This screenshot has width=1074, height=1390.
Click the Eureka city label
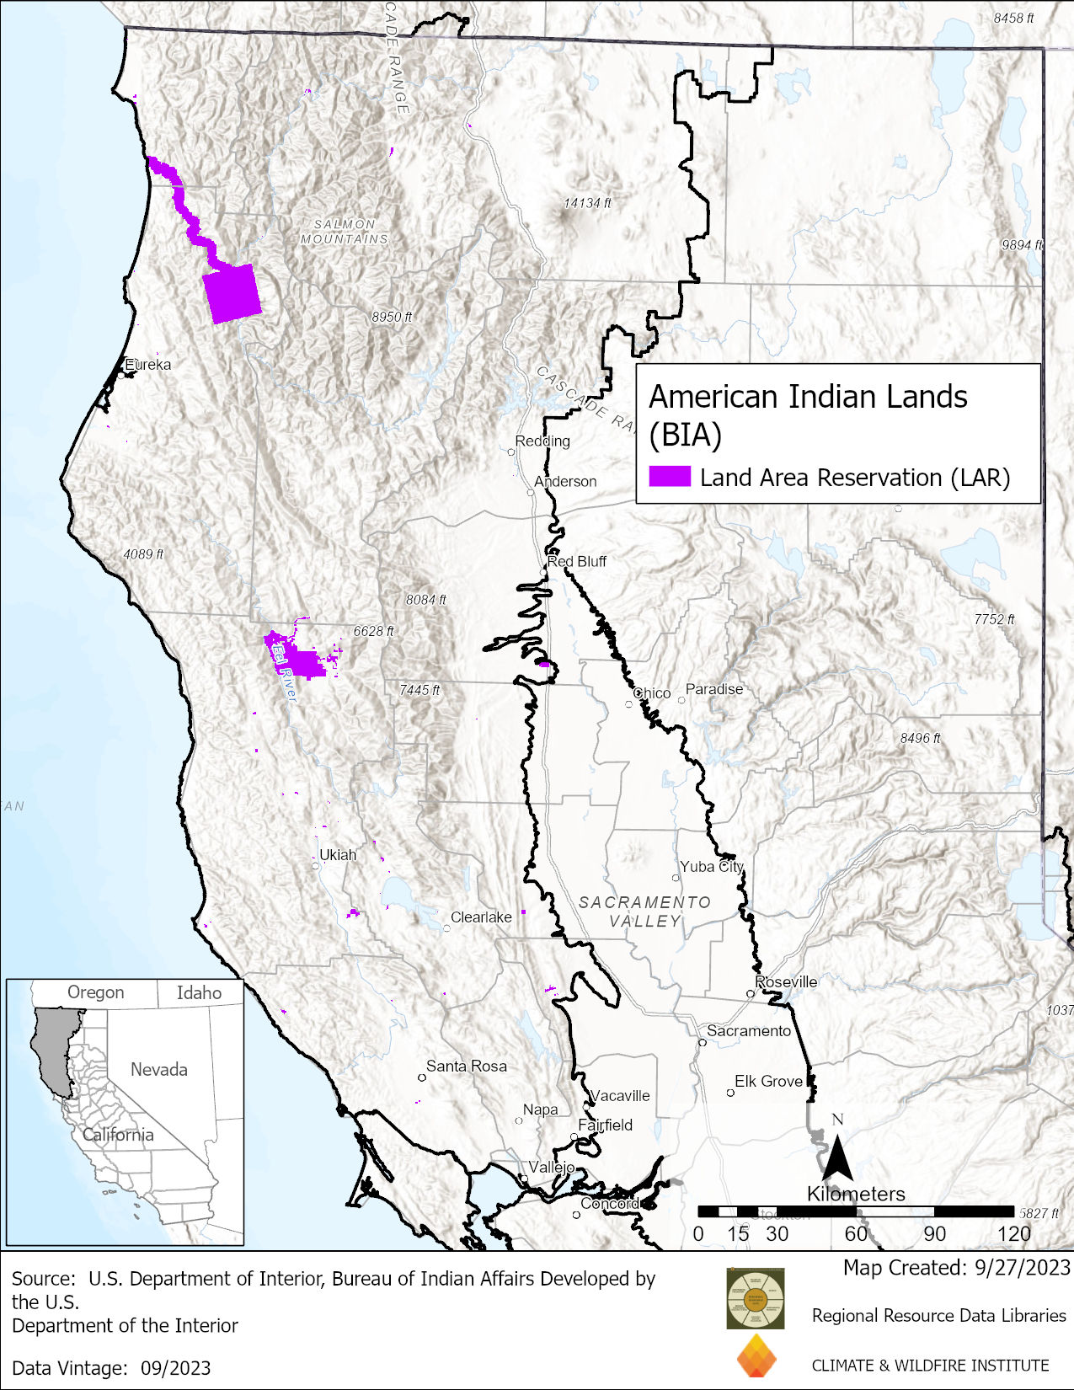click(148, 365)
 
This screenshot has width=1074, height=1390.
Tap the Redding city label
click(542, 441)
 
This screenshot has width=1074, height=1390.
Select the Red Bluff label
click(577, 561)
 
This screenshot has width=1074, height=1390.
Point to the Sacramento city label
click(749, 1030)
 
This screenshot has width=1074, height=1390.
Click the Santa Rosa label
click(466, 1066)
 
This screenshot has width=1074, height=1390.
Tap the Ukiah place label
click(338, 854)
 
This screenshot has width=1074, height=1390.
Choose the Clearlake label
click(481, 917)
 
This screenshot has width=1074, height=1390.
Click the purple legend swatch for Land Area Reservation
click(670, 477)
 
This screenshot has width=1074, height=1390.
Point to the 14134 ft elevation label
click(587, 203)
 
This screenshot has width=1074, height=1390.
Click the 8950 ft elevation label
click(392, 317)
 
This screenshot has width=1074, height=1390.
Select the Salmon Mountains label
click(345, 232)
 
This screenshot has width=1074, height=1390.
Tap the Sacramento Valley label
click(644, 912)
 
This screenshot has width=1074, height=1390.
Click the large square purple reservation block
click(232, 293)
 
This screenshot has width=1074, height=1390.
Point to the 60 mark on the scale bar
click(856, 1233)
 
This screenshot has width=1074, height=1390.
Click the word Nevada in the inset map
click(158, 1069)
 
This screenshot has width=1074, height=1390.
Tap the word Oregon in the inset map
click(95, 992)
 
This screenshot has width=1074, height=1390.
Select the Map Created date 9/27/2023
click(956, 1267)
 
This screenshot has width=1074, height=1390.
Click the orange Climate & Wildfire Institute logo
click(756, 1356)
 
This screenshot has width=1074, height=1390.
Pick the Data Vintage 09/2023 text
click(111, 1367)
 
